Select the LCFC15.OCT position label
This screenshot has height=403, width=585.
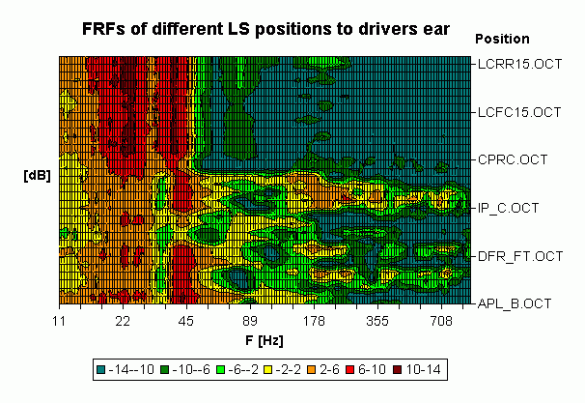pyautogui.click(x=519, y=113)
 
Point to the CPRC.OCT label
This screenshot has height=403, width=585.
pyautogui.click(x=512, y=158)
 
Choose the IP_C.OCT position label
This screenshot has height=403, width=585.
pyautogui.click(x=510, y=207)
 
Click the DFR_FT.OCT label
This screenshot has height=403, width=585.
pyautogui.click(x=519, y=256)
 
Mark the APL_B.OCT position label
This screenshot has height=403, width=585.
pyautogui.click(x=515, y=303)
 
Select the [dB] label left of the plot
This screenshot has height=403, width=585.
pyautogui.click(x=37, y=177)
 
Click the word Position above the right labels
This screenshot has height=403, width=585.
pyautogui.click(x=503, y=40)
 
